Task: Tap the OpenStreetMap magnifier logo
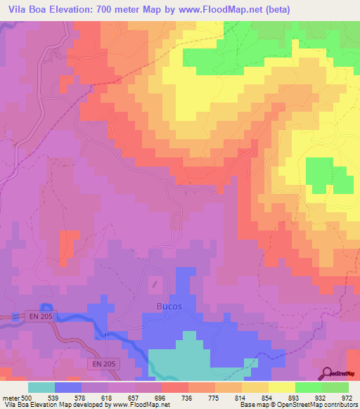click(328, 373)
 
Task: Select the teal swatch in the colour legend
click(41, 388)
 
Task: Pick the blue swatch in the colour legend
click(68, 388)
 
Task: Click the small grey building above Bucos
click(156, 285)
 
